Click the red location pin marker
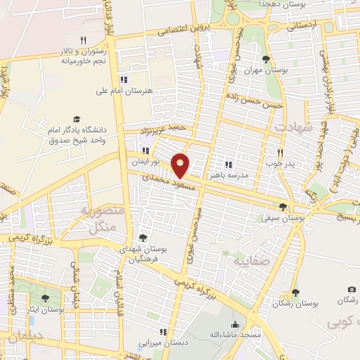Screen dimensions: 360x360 [x=181, y=165]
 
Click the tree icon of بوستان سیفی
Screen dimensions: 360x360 [x=283, y=207]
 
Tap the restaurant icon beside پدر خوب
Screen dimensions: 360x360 [x=279, y=153]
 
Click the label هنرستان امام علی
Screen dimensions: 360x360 [x=129, y=91]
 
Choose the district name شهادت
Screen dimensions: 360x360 [x=292, y=128]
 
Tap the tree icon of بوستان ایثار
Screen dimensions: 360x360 [x=46, y=299]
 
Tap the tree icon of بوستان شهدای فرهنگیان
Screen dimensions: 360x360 [x=143, y=238]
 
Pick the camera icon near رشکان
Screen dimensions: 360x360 [x=352, y=289]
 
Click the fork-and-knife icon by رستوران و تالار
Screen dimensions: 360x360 [x=83, y=40]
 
